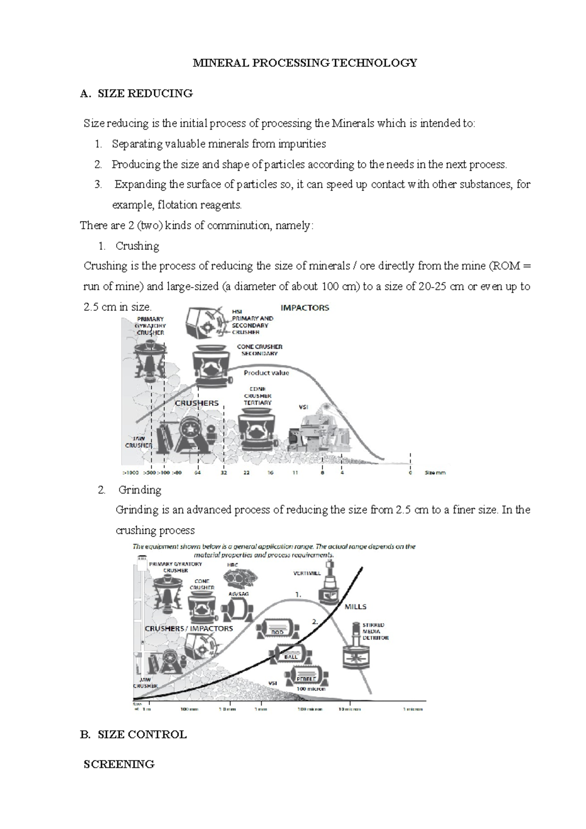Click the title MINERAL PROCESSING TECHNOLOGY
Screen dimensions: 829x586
pos(305,63)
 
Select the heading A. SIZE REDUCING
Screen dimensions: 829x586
pos(136,93)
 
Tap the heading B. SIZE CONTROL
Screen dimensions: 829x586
pos(133,734)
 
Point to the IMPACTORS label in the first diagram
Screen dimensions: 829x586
pos(305,308)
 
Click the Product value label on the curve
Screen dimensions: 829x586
pos(266,373)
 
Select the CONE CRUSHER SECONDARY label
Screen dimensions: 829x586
pos(259,350)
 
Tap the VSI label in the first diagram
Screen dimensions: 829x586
pos(303,406)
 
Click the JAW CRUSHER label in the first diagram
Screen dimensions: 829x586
pos(139,442)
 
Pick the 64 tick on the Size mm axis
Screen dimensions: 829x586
pos(198,473)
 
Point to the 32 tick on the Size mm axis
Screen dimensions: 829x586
pos(224,473)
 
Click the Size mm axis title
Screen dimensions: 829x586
pos(435,473)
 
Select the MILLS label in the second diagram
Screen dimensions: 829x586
pos(356,606)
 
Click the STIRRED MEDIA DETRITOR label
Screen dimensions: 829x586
pos(375,631)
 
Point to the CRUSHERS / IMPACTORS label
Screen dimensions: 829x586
pos(188,628)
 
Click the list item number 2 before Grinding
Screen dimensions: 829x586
pos(101,490)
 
